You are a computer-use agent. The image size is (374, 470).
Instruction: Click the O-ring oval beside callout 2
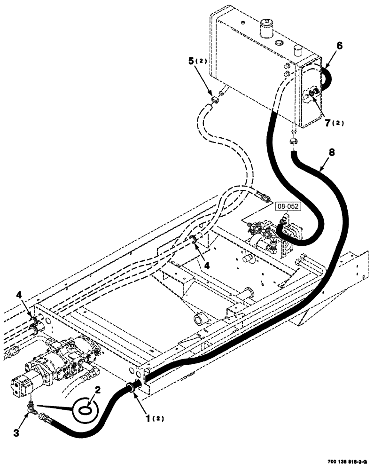coord(84,410)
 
